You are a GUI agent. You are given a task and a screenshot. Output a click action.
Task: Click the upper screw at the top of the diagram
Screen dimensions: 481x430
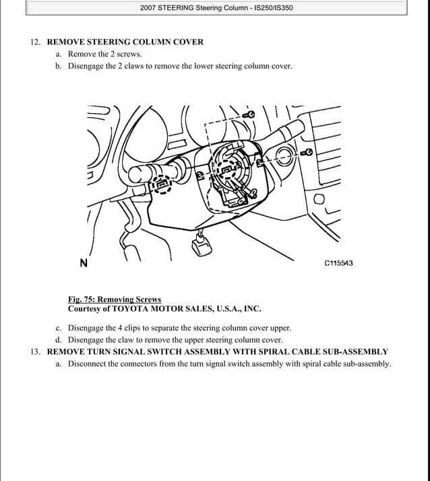coord(250,115)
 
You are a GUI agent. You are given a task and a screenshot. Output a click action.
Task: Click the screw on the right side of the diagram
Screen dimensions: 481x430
coord(307,152)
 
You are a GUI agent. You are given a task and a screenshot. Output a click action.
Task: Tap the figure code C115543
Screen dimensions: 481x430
coord(338,263)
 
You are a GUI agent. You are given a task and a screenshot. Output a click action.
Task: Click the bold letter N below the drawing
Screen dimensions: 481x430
coord(83,264)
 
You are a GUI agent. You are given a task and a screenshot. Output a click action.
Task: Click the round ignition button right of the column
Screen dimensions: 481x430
coord(283,159)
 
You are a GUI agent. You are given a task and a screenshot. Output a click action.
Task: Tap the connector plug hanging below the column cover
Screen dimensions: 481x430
coord(202,245)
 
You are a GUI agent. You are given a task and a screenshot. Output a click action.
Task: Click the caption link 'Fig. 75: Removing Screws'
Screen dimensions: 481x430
coord(115,299)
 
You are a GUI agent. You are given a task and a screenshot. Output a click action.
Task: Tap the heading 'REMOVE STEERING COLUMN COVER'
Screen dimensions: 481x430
coord(125,42)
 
